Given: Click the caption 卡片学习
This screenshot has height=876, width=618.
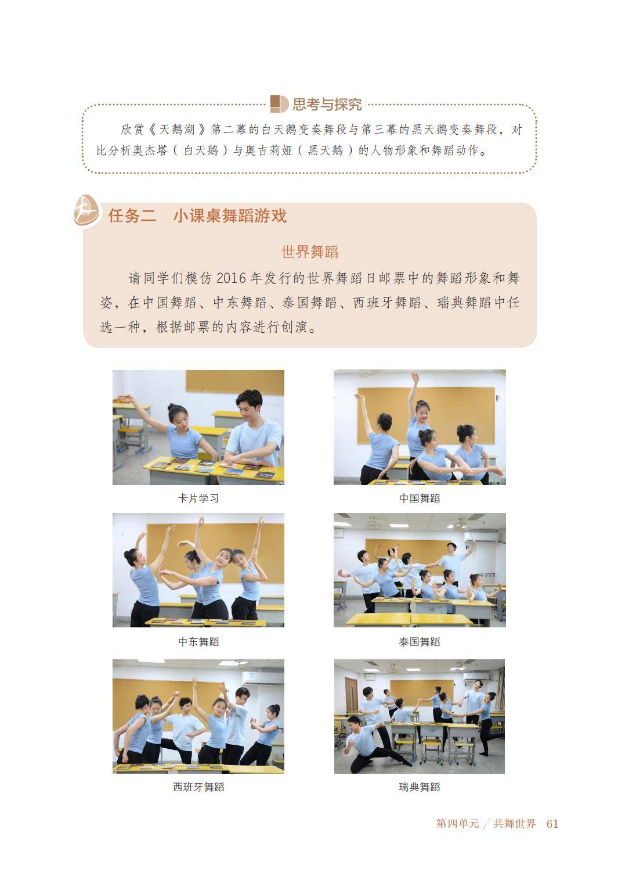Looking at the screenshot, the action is coord(198,498).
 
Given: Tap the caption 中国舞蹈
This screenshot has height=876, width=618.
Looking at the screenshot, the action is coord(420,498).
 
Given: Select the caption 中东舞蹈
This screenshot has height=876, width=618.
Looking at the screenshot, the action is coord(198,642).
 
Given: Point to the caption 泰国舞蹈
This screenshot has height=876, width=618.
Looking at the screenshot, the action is coord(420,642).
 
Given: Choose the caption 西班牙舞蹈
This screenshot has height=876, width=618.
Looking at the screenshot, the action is coord(198,787).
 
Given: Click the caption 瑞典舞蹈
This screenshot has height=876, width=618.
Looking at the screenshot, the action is coord(420,787).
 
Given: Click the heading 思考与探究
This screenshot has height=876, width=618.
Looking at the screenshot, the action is coord(327,105).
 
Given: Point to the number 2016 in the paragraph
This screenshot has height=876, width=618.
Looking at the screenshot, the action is coord(232,278).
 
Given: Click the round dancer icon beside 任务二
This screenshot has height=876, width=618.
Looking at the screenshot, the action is coord(86,211).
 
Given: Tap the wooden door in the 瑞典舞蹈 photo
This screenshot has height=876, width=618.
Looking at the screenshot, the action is coord(352,695).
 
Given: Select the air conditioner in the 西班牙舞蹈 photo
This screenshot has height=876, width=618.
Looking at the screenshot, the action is coord(262,678).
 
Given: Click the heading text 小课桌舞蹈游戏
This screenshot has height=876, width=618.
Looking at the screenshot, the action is coord(230,216).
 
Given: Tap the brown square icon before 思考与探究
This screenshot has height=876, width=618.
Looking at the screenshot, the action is coord(279,104).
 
